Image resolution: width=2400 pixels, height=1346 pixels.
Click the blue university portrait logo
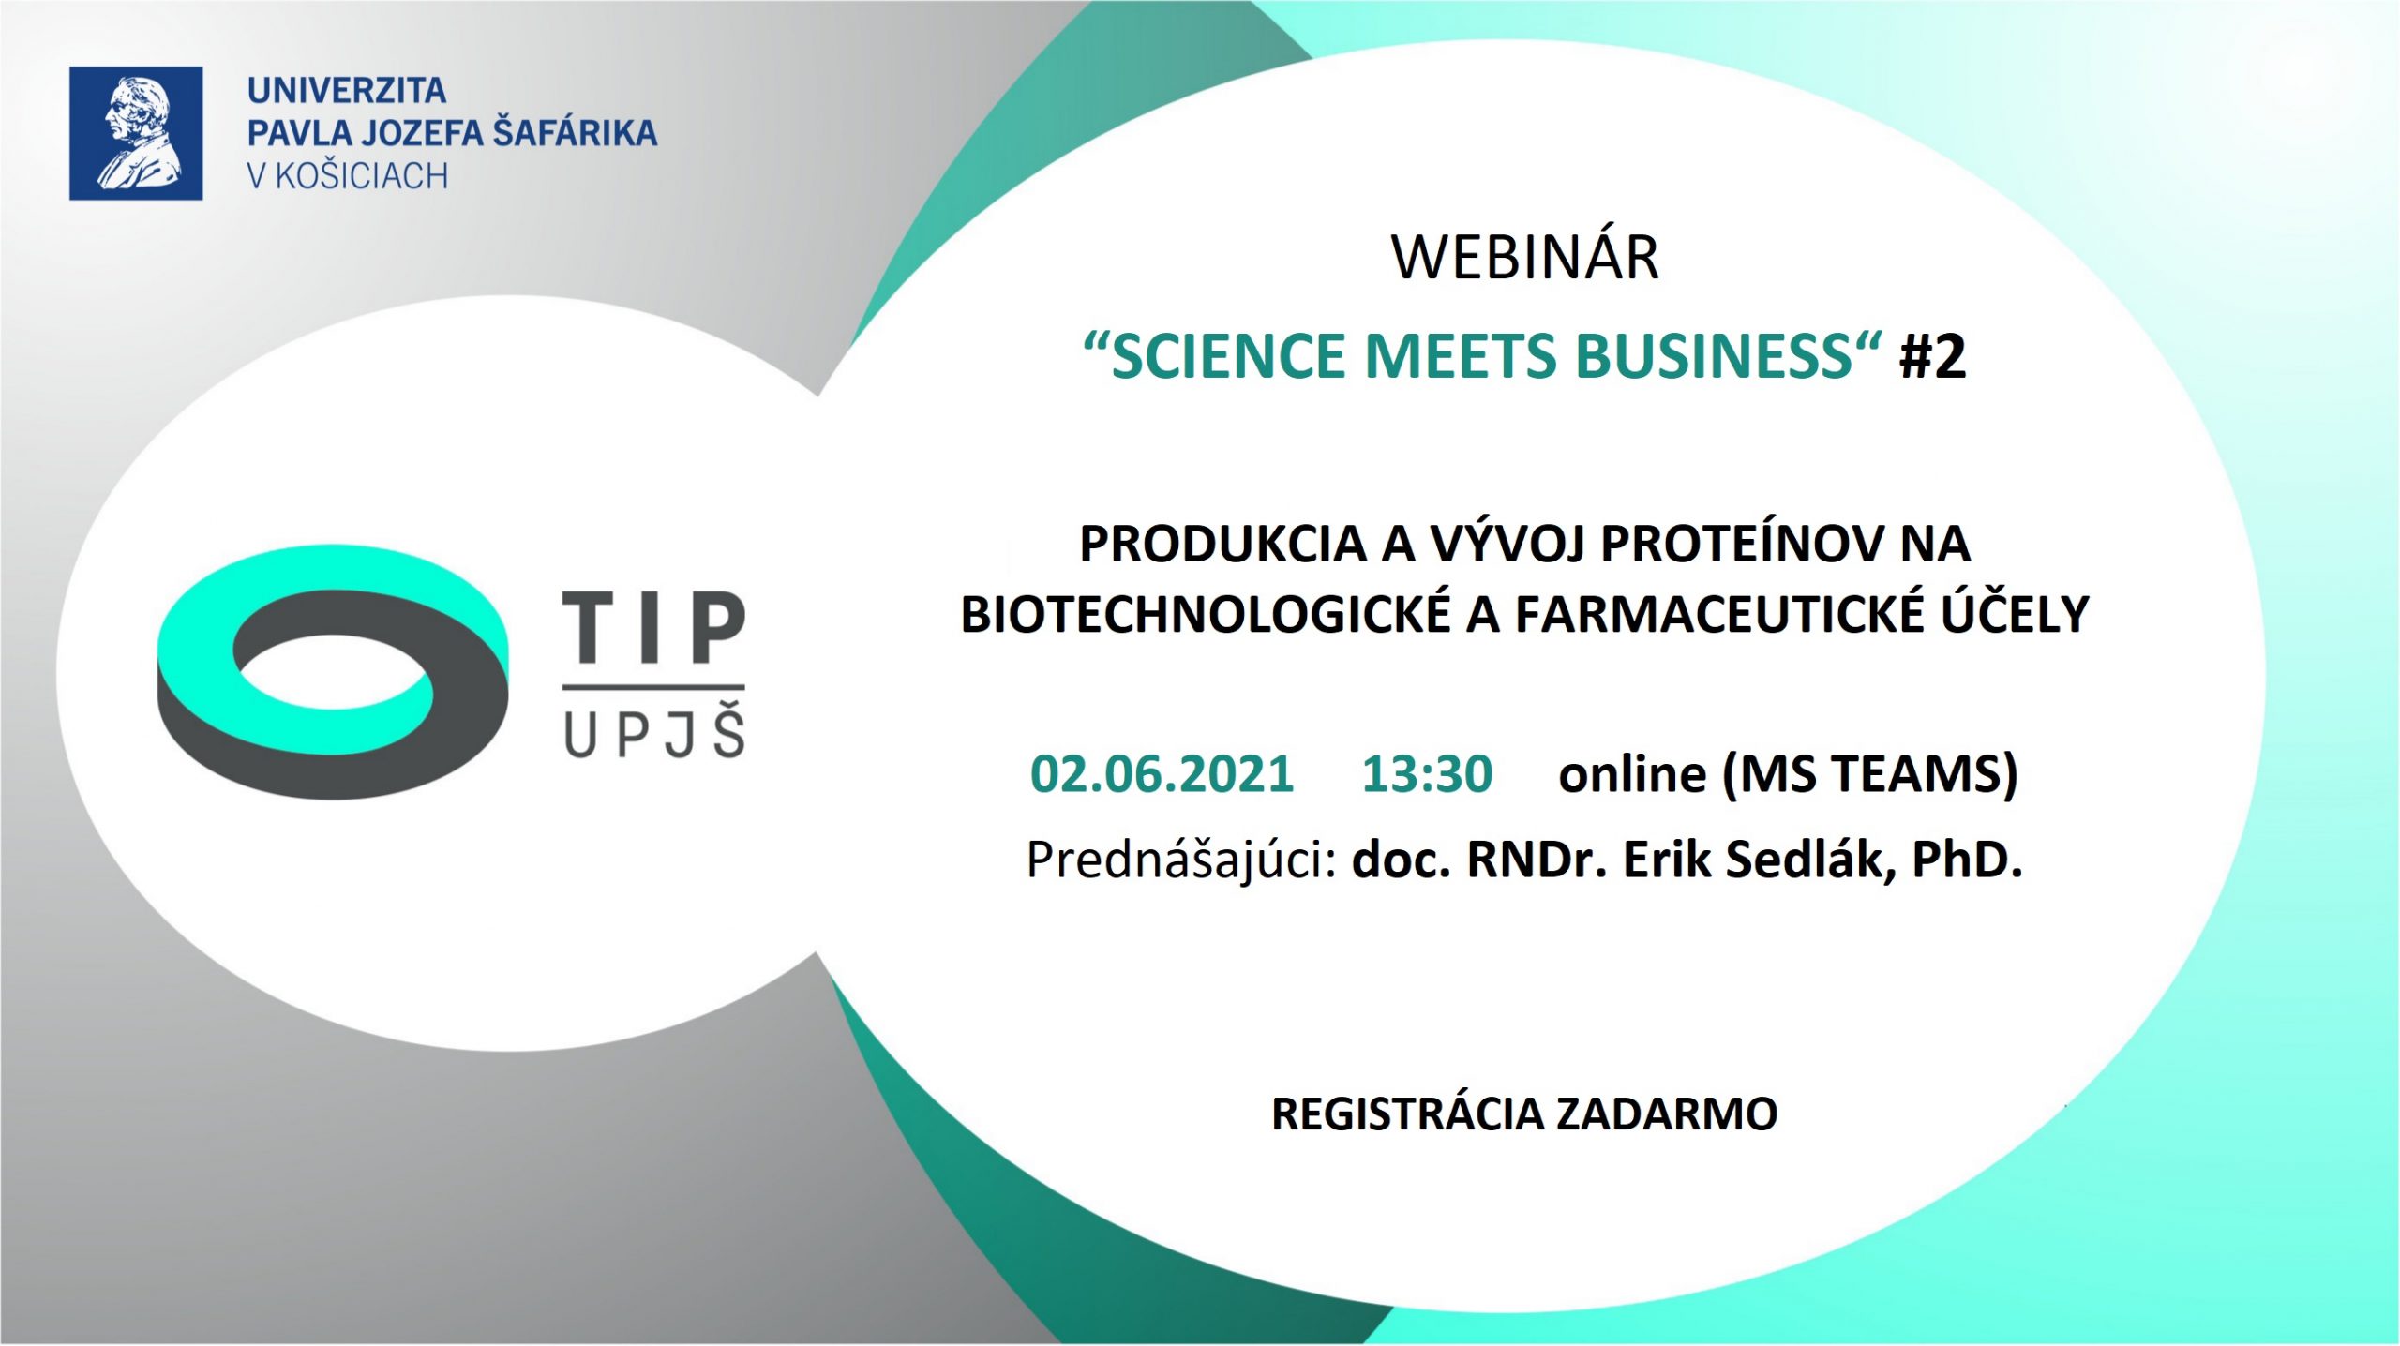tap(136, 133)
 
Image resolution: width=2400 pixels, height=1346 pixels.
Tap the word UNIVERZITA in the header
tap(347, 91)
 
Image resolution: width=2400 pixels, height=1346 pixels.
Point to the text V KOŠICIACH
tap(348, 176)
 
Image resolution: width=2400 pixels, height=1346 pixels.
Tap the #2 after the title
tap(1933, 357)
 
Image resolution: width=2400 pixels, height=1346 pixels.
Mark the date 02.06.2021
tap(1162, 774)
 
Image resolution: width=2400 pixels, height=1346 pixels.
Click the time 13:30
tap(1427, 774)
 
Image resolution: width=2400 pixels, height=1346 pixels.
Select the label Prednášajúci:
tap(1182, 860)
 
